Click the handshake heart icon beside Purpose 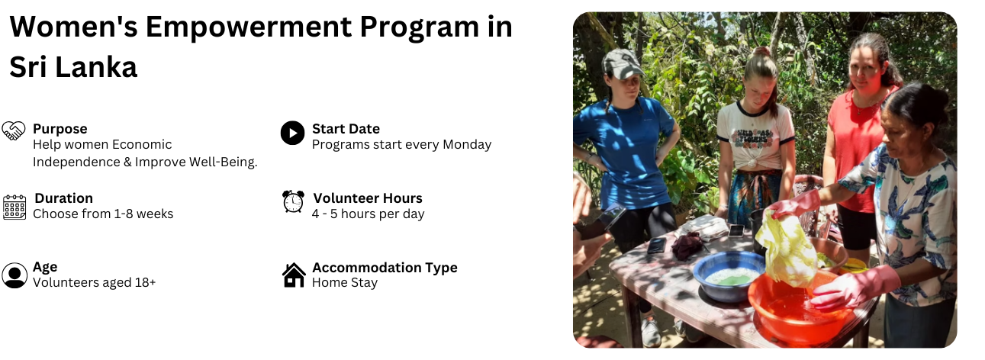click(x=13, y=130)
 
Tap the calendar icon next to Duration click(x=14, y=207)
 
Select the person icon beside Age click(x=14, y=275)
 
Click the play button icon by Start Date click(x=292, y=133)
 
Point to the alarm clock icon click(x=293, y=202)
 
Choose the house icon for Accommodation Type click(x=294, y=275)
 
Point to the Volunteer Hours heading click(x=368, y=198)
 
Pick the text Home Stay click(x=345, y=282)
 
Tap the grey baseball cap click(x=623, y=64)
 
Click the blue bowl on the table click(x=729, y=275)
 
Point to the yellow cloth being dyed click(x=786, y=249)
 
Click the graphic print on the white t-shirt click(x=754, y=137)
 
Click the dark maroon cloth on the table click(x=689, y=246)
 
